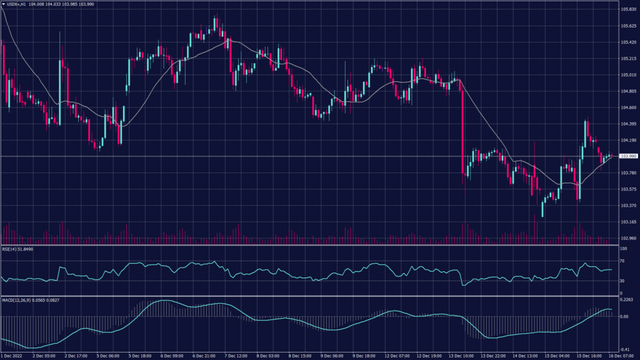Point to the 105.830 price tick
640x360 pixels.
628,9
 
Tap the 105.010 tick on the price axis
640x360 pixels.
628,75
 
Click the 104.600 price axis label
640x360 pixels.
628,107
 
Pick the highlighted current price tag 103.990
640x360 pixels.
628,156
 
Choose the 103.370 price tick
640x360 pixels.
628,206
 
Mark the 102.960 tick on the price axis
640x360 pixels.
628,238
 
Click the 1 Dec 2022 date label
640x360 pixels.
13,356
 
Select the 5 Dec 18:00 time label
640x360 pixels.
141,356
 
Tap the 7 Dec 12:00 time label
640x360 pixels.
237,356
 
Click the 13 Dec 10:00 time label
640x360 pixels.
461,356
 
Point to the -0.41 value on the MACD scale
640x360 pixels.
624,350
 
